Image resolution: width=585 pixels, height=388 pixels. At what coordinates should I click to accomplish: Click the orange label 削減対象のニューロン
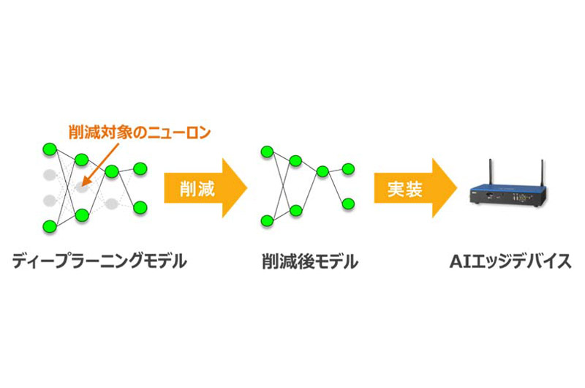tap(140, 133)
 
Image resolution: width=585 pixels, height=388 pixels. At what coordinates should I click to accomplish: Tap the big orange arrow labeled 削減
tap(205, 188)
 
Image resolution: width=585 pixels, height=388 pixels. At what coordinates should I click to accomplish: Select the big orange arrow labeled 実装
tap(415, 188)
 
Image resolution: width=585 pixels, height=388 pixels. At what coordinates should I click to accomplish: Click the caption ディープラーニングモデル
tap(99, 261)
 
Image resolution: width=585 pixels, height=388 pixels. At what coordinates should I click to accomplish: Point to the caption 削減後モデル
tap(310, 261)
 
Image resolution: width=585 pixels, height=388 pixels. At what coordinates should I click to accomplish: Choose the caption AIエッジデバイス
tap(510, 261)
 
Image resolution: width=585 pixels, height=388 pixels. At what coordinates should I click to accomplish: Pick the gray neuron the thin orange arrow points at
tap(82, 187)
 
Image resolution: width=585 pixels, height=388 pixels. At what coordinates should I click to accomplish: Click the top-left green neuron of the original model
tap(50, 149)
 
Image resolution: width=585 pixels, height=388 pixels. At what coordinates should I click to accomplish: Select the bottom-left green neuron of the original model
tap(50, 226)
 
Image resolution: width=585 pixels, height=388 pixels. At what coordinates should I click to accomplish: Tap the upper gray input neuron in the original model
tap(50, 175)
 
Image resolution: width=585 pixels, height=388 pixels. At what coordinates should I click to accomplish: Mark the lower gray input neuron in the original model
tap(50, 201)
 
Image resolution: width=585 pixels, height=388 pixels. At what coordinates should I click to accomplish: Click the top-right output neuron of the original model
tap(140, 169)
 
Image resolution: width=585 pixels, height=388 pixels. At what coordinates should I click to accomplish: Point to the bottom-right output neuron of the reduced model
tap(348, 204)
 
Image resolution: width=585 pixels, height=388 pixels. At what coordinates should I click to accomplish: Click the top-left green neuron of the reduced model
tap(267, 152)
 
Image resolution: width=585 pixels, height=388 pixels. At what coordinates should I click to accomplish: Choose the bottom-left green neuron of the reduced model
tap(267, 220)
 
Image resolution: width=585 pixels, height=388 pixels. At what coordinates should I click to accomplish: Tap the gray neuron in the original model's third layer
tap(111, 204)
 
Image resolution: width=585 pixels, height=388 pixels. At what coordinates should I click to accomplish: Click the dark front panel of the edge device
tap(508, 198)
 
